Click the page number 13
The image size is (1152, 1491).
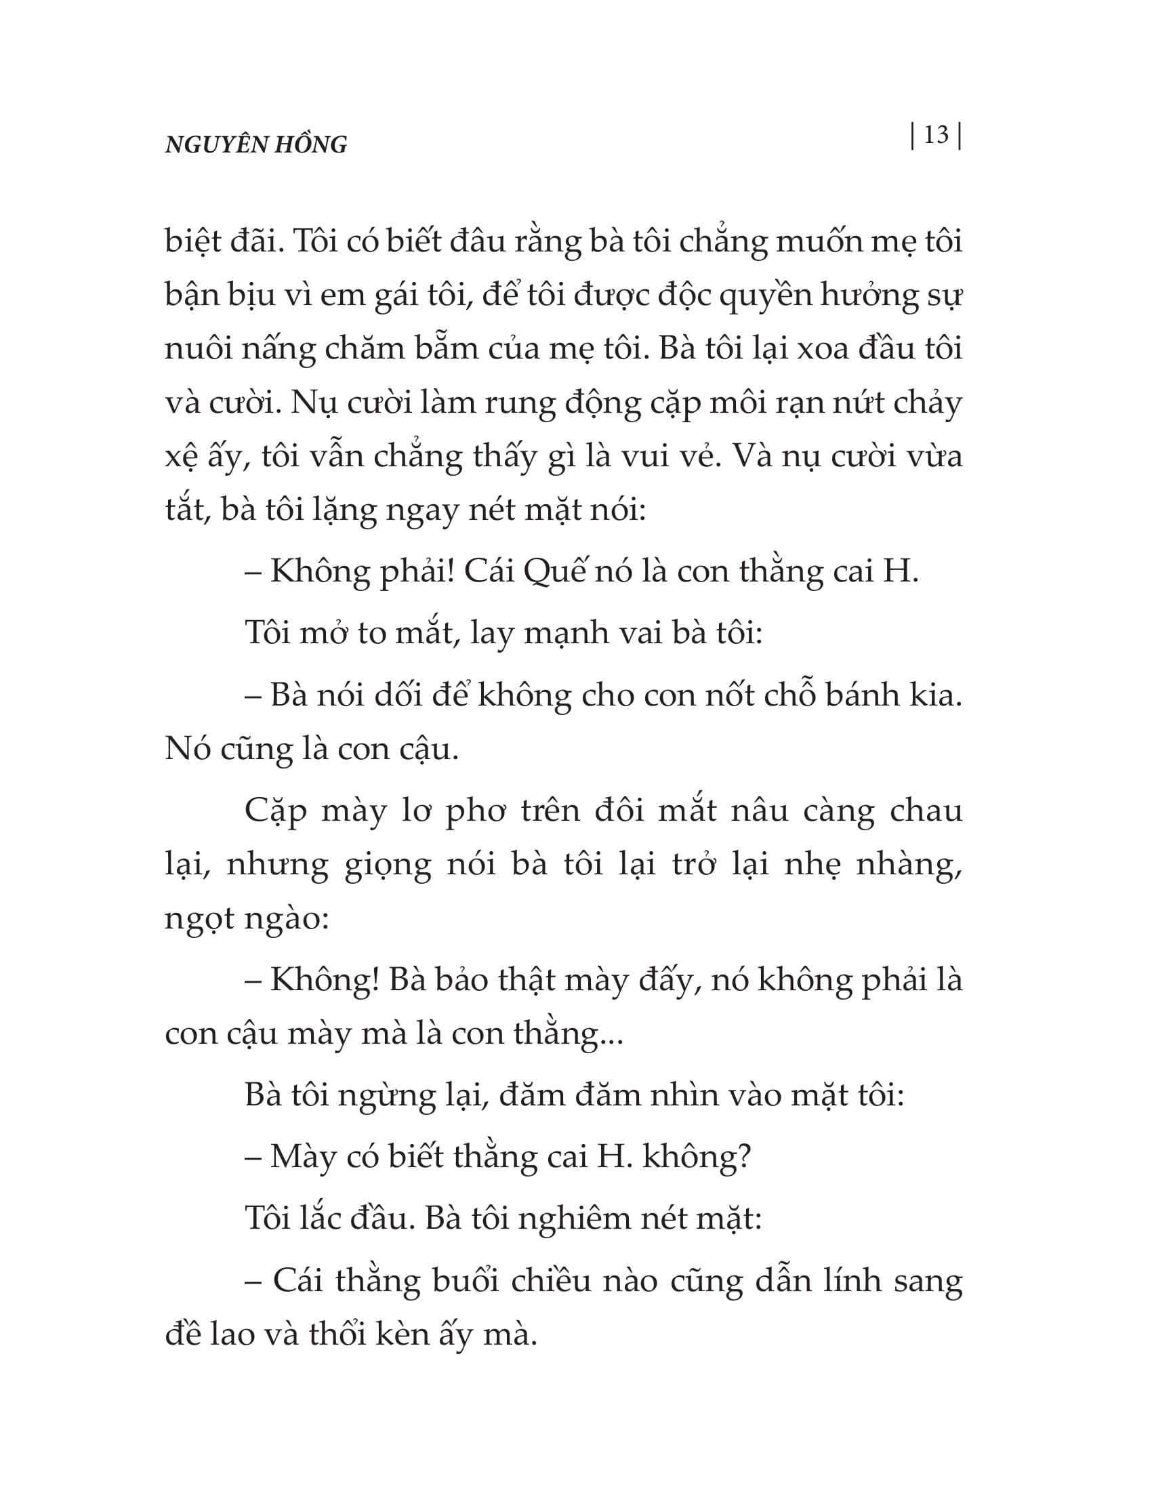pyautogui.click(x=936, y=136)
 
